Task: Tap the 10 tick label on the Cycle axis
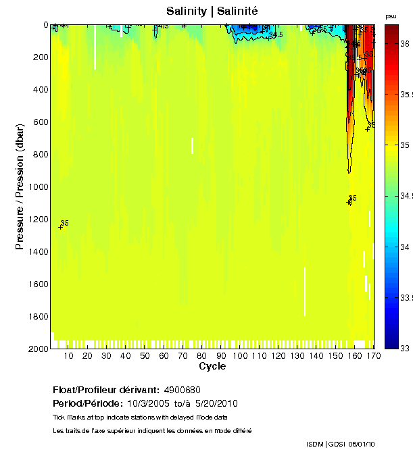coord(68,355)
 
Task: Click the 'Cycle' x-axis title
coord(212,366)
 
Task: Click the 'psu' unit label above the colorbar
coord(391,16)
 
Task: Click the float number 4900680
coord(181,390)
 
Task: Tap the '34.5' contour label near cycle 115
coord(276,34)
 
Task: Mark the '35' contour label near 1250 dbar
coord(65,223)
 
